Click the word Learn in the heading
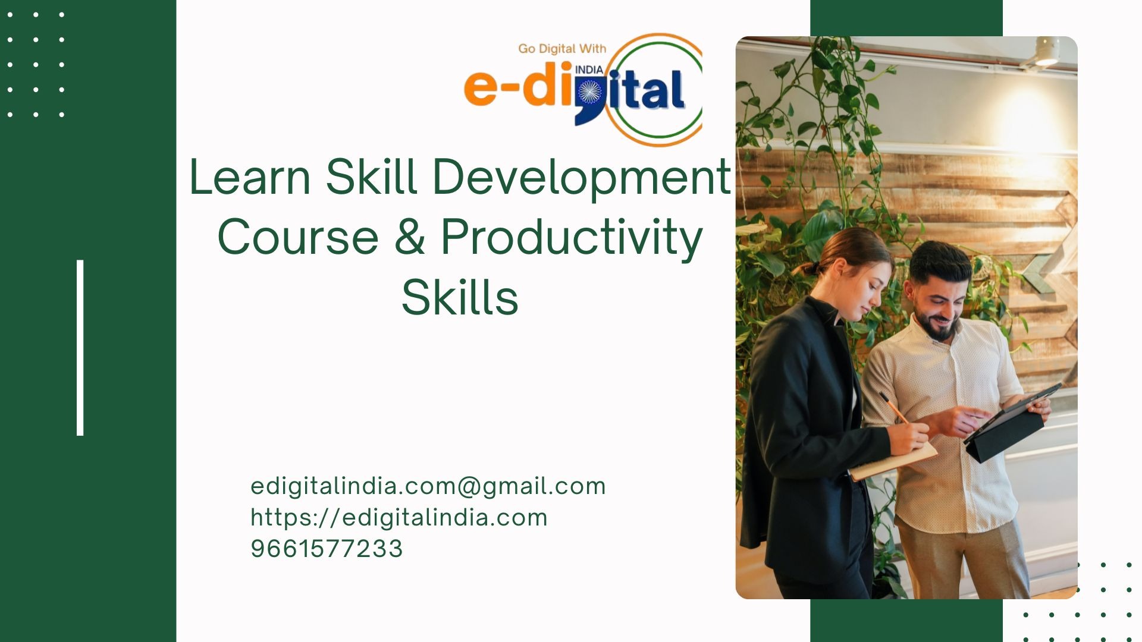250,177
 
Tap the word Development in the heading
582,177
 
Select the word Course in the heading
298,237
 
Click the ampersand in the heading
410,237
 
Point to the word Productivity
572,238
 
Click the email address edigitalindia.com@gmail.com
428,487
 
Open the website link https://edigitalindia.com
399,518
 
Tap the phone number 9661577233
327,549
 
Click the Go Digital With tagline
562,49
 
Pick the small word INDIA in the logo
589,70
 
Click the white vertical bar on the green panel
80,348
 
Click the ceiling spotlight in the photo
1046,52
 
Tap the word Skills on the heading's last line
460,297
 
